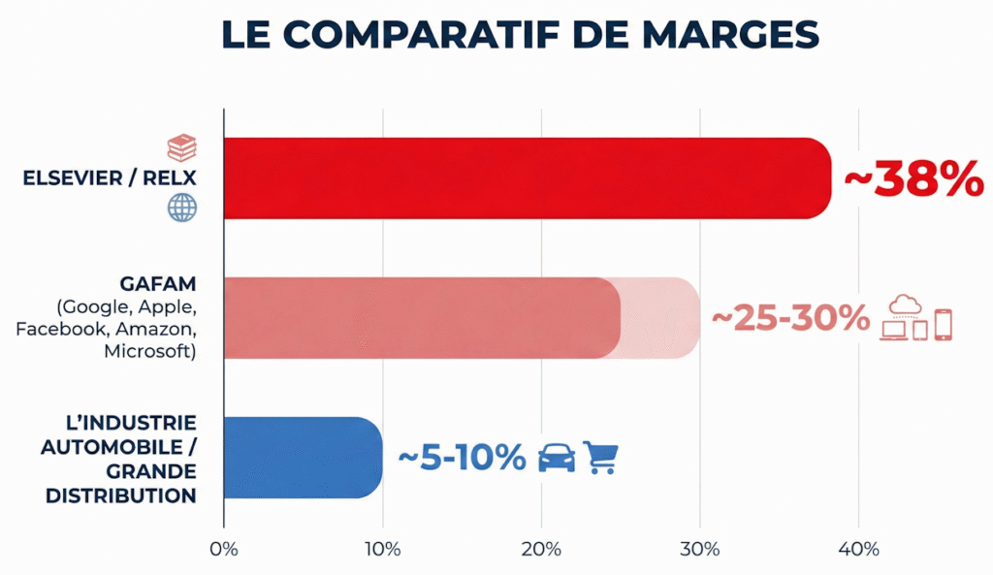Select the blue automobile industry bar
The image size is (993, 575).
(303, 457)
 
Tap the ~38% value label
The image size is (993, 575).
(913, 179)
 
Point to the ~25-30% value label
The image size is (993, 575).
(790, 318)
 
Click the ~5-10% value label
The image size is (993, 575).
(462, 457)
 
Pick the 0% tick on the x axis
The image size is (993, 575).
(224, 550)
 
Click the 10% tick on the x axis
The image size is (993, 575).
(382, 550)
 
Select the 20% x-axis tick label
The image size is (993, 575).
(541, 550)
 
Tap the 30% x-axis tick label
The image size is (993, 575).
(700, 550)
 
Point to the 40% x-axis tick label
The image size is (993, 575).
(858, 550)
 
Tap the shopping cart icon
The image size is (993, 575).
(600, 457)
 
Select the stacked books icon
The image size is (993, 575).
(181, 148)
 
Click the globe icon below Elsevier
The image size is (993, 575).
(181, 208)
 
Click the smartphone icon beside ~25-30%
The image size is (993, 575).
(943, 325)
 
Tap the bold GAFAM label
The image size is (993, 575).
(159, 286)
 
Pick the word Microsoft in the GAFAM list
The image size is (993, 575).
(150, 351)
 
